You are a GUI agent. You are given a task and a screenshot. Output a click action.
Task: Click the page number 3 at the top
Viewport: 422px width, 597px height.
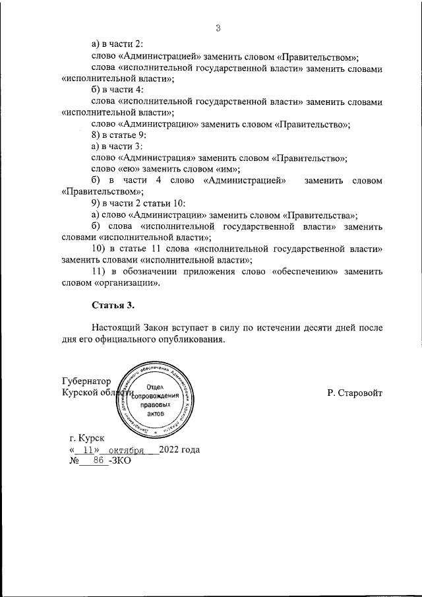(x=217, y=27)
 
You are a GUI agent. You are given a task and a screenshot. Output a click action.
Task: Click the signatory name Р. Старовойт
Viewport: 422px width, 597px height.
(x=354, y=393)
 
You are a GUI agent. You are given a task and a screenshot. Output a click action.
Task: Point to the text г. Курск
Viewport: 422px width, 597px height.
(x=86, y=438)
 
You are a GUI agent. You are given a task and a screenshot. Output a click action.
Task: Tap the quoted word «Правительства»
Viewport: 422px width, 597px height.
(x=321, y=214)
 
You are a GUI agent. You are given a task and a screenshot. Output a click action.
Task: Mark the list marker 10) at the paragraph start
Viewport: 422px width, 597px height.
(x=98, y=249)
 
